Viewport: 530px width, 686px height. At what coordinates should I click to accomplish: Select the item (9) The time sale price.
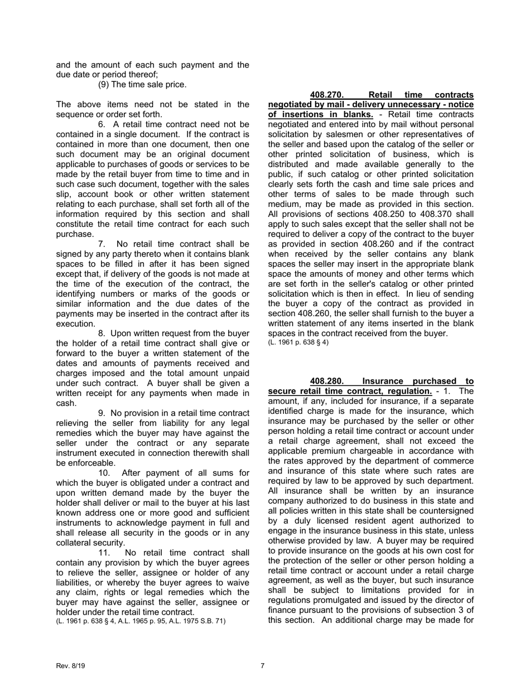click(x=142, y=85)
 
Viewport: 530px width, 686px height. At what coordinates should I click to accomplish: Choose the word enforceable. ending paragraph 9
click(x=86, y=463)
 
